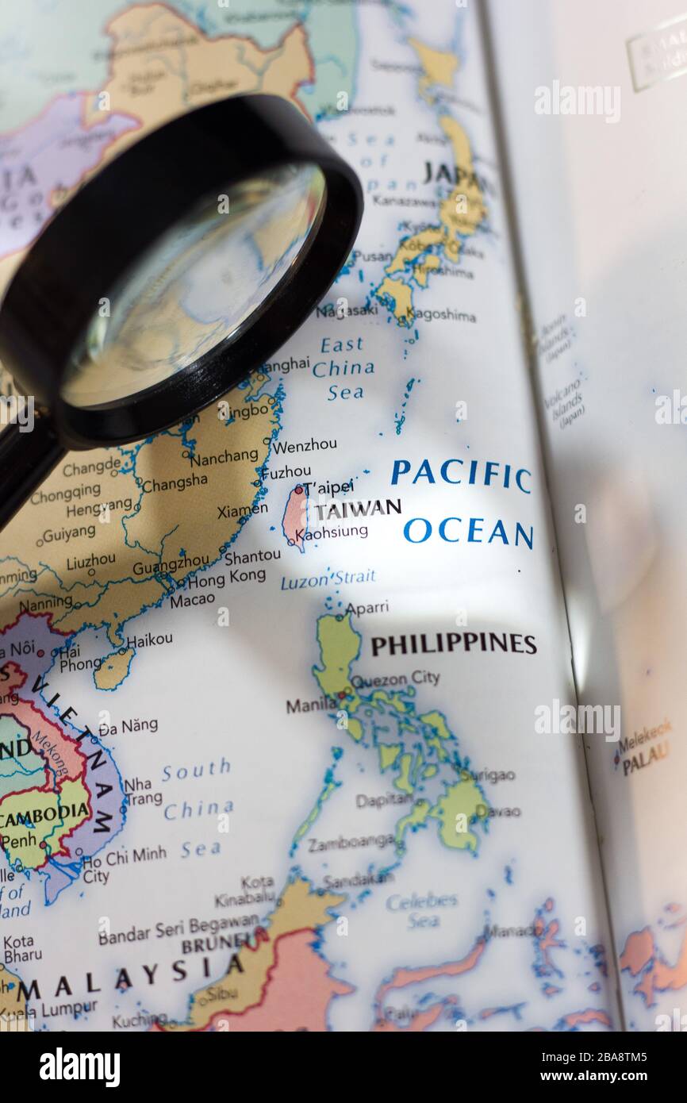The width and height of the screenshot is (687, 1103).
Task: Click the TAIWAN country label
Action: tap(358, 509)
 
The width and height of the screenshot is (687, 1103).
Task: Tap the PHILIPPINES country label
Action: tap(453, 644)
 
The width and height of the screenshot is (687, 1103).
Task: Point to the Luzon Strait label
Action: tap(328, 579)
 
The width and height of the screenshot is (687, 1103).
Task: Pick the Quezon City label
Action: tap(394, 680)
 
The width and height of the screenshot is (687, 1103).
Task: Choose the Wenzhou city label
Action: tap(305, 445)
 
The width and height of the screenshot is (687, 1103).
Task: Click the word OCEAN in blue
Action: tap(467, 532)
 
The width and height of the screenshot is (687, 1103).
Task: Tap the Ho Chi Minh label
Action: tap(125, 855)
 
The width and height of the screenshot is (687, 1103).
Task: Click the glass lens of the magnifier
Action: tap(194, 286)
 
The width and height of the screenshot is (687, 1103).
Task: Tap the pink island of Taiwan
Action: tap(294, 516)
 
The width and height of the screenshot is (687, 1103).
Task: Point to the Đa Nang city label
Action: tap(129, 725)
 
